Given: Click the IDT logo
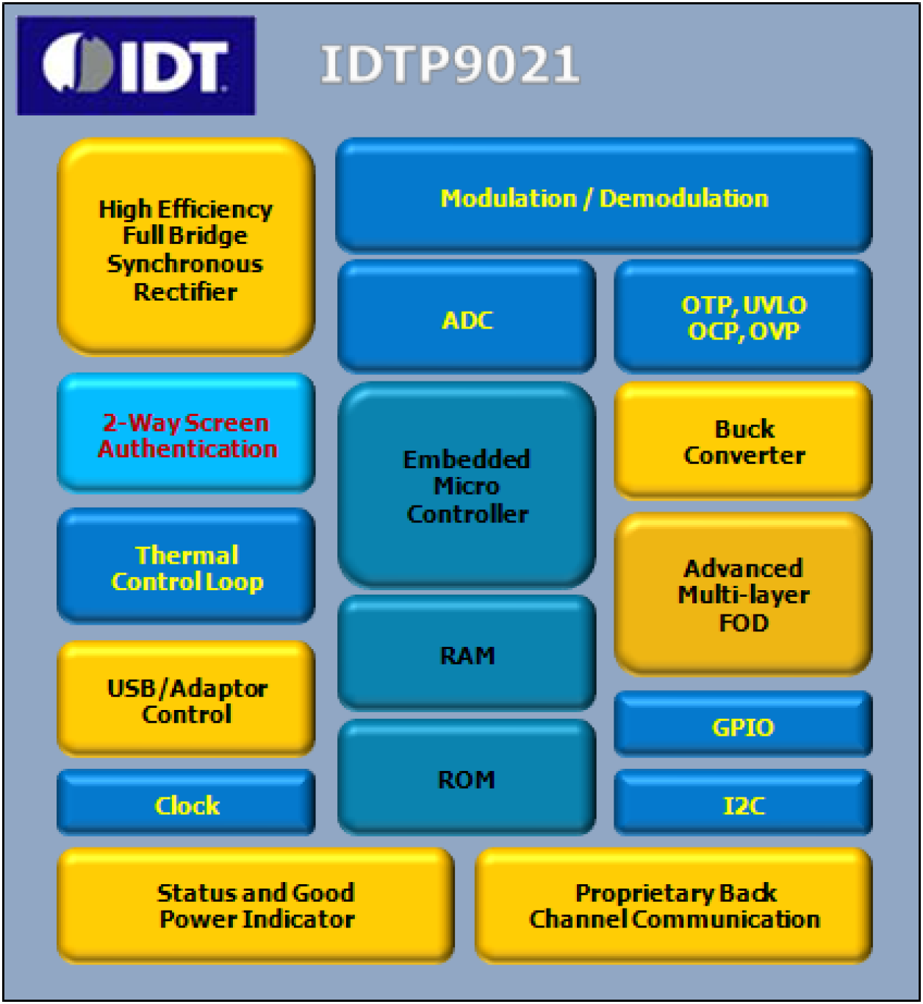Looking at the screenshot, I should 136,65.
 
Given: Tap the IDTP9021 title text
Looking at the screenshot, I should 450,65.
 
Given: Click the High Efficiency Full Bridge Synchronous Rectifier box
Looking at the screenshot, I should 186,246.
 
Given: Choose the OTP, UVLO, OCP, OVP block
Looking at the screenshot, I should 743,317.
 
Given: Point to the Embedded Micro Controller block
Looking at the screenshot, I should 467,485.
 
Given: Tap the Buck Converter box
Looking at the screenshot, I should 743,441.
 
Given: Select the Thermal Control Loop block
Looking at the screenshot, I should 187,567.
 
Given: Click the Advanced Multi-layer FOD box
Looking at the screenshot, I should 743,594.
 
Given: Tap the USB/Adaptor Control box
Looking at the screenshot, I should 187,700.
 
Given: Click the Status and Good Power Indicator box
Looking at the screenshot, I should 256,906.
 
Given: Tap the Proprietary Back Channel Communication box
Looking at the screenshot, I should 674,906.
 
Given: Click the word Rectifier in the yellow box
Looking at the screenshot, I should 186,292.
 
